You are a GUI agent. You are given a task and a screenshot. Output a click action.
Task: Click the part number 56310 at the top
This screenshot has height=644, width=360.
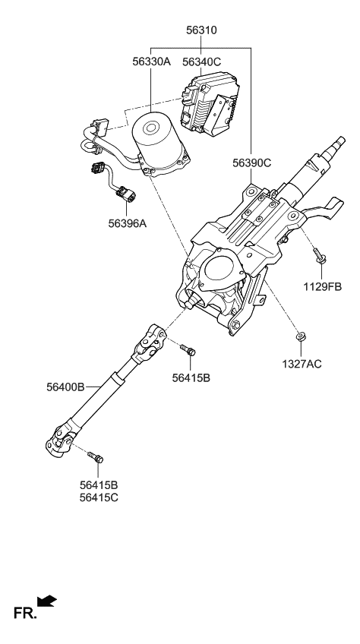click(201, 31)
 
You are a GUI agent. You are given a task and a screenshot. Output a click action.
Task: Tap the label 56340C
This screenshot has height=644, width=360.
click(201, 62)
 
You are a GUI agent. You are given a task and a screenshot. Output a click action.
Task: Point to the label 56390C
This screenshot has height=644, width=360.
click(254, 163)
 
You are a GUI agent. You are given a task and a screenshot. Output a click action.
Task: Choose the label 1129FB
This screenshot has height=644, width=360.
click(323, 286)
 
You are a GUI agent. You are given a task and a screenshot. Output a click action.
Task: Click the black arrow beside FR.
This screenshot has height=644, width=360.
click(47, 601)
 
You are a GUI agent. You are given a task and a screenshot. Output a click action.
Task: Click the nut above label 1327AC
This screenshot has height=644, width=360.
click(302, 336)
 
